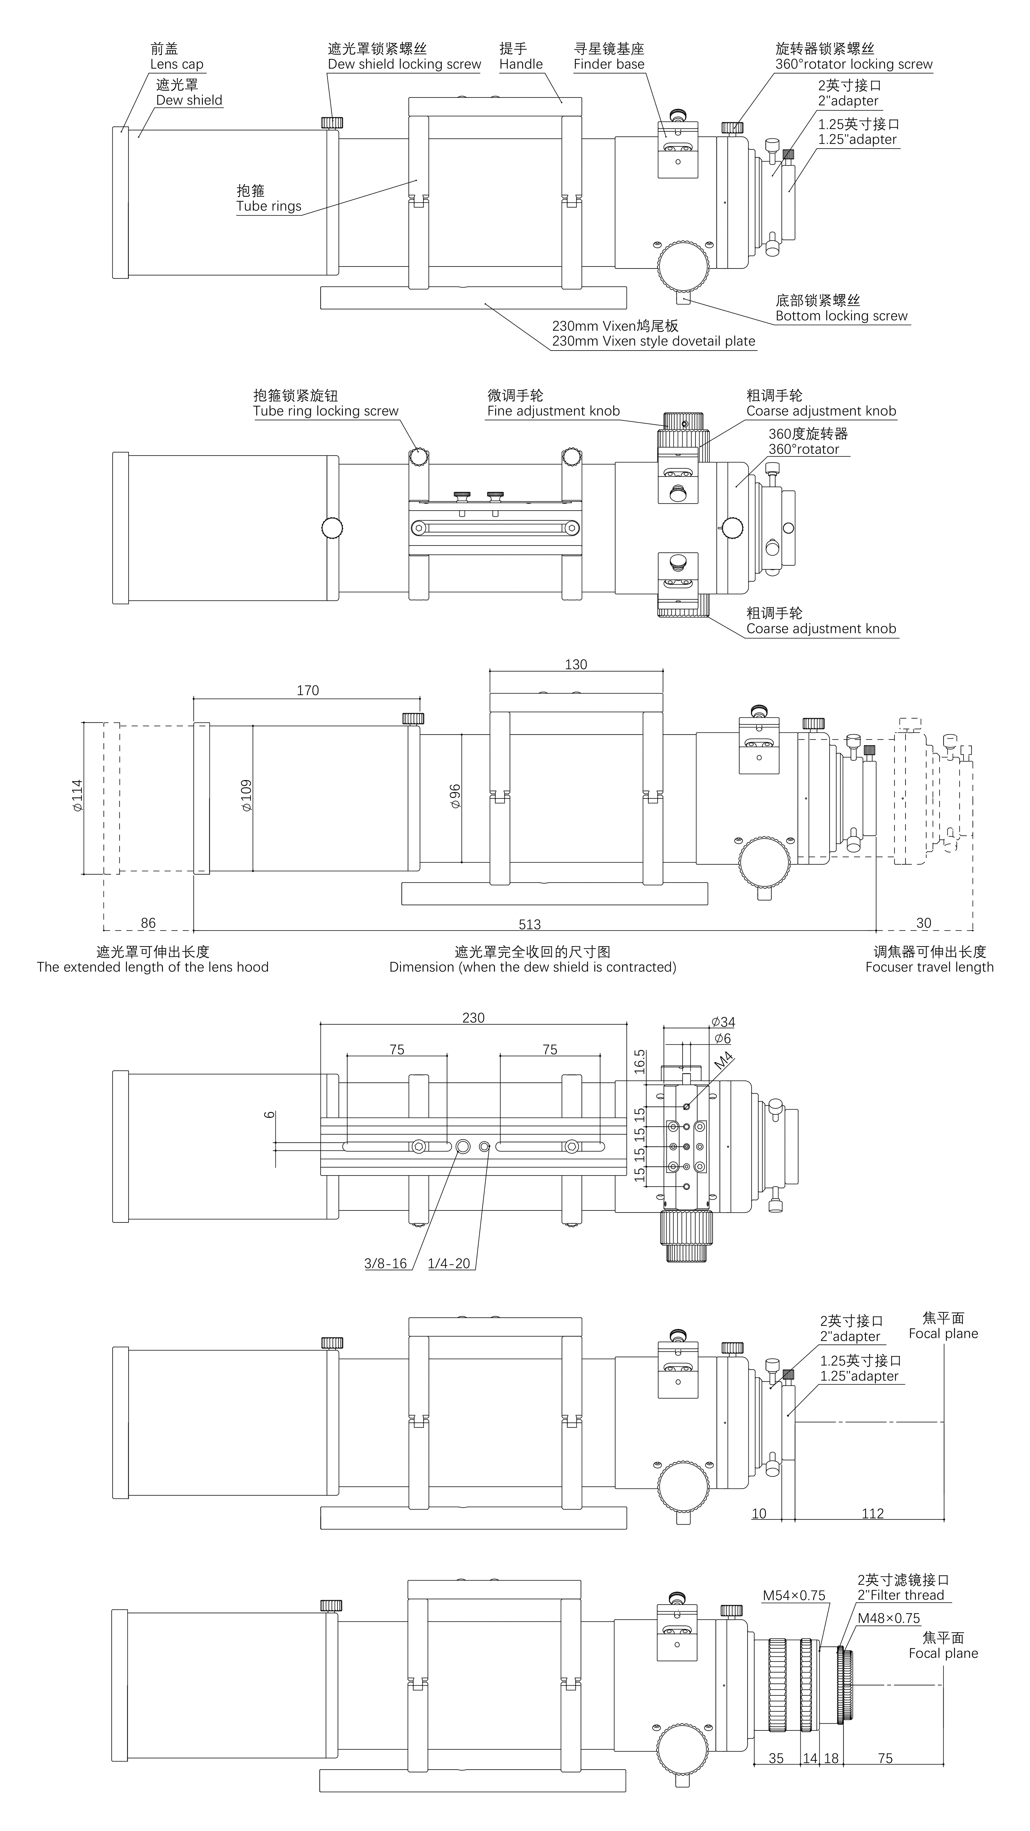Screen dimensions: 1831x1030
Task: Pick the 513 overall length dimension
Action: (x=529, y=924)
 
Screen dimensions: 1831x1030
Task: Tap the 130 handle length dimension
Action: (x=576, y=665)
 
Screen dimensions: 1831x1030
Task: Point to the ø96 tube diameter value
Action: (x=455, y=796)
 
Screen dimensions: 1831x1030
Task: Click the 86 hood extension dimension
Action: (x=148, y=923)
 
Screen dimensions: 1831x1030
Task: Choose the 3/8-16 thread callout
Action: (x=385, y=1263)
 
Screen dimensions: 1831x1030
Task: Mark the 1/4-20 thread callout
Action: (x=448, y=1263)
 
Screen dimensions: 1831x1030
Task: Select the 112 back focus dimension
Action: (x=872, y=1514)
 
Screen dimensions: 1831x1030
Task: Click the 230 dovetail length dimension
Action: (x=473, y=1018)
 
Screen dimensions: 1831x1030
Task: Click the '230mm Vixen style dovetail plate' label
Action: (x=653, y=341)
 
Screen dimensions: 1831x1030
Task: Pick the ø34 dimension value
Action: (x=723, y=1022)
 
